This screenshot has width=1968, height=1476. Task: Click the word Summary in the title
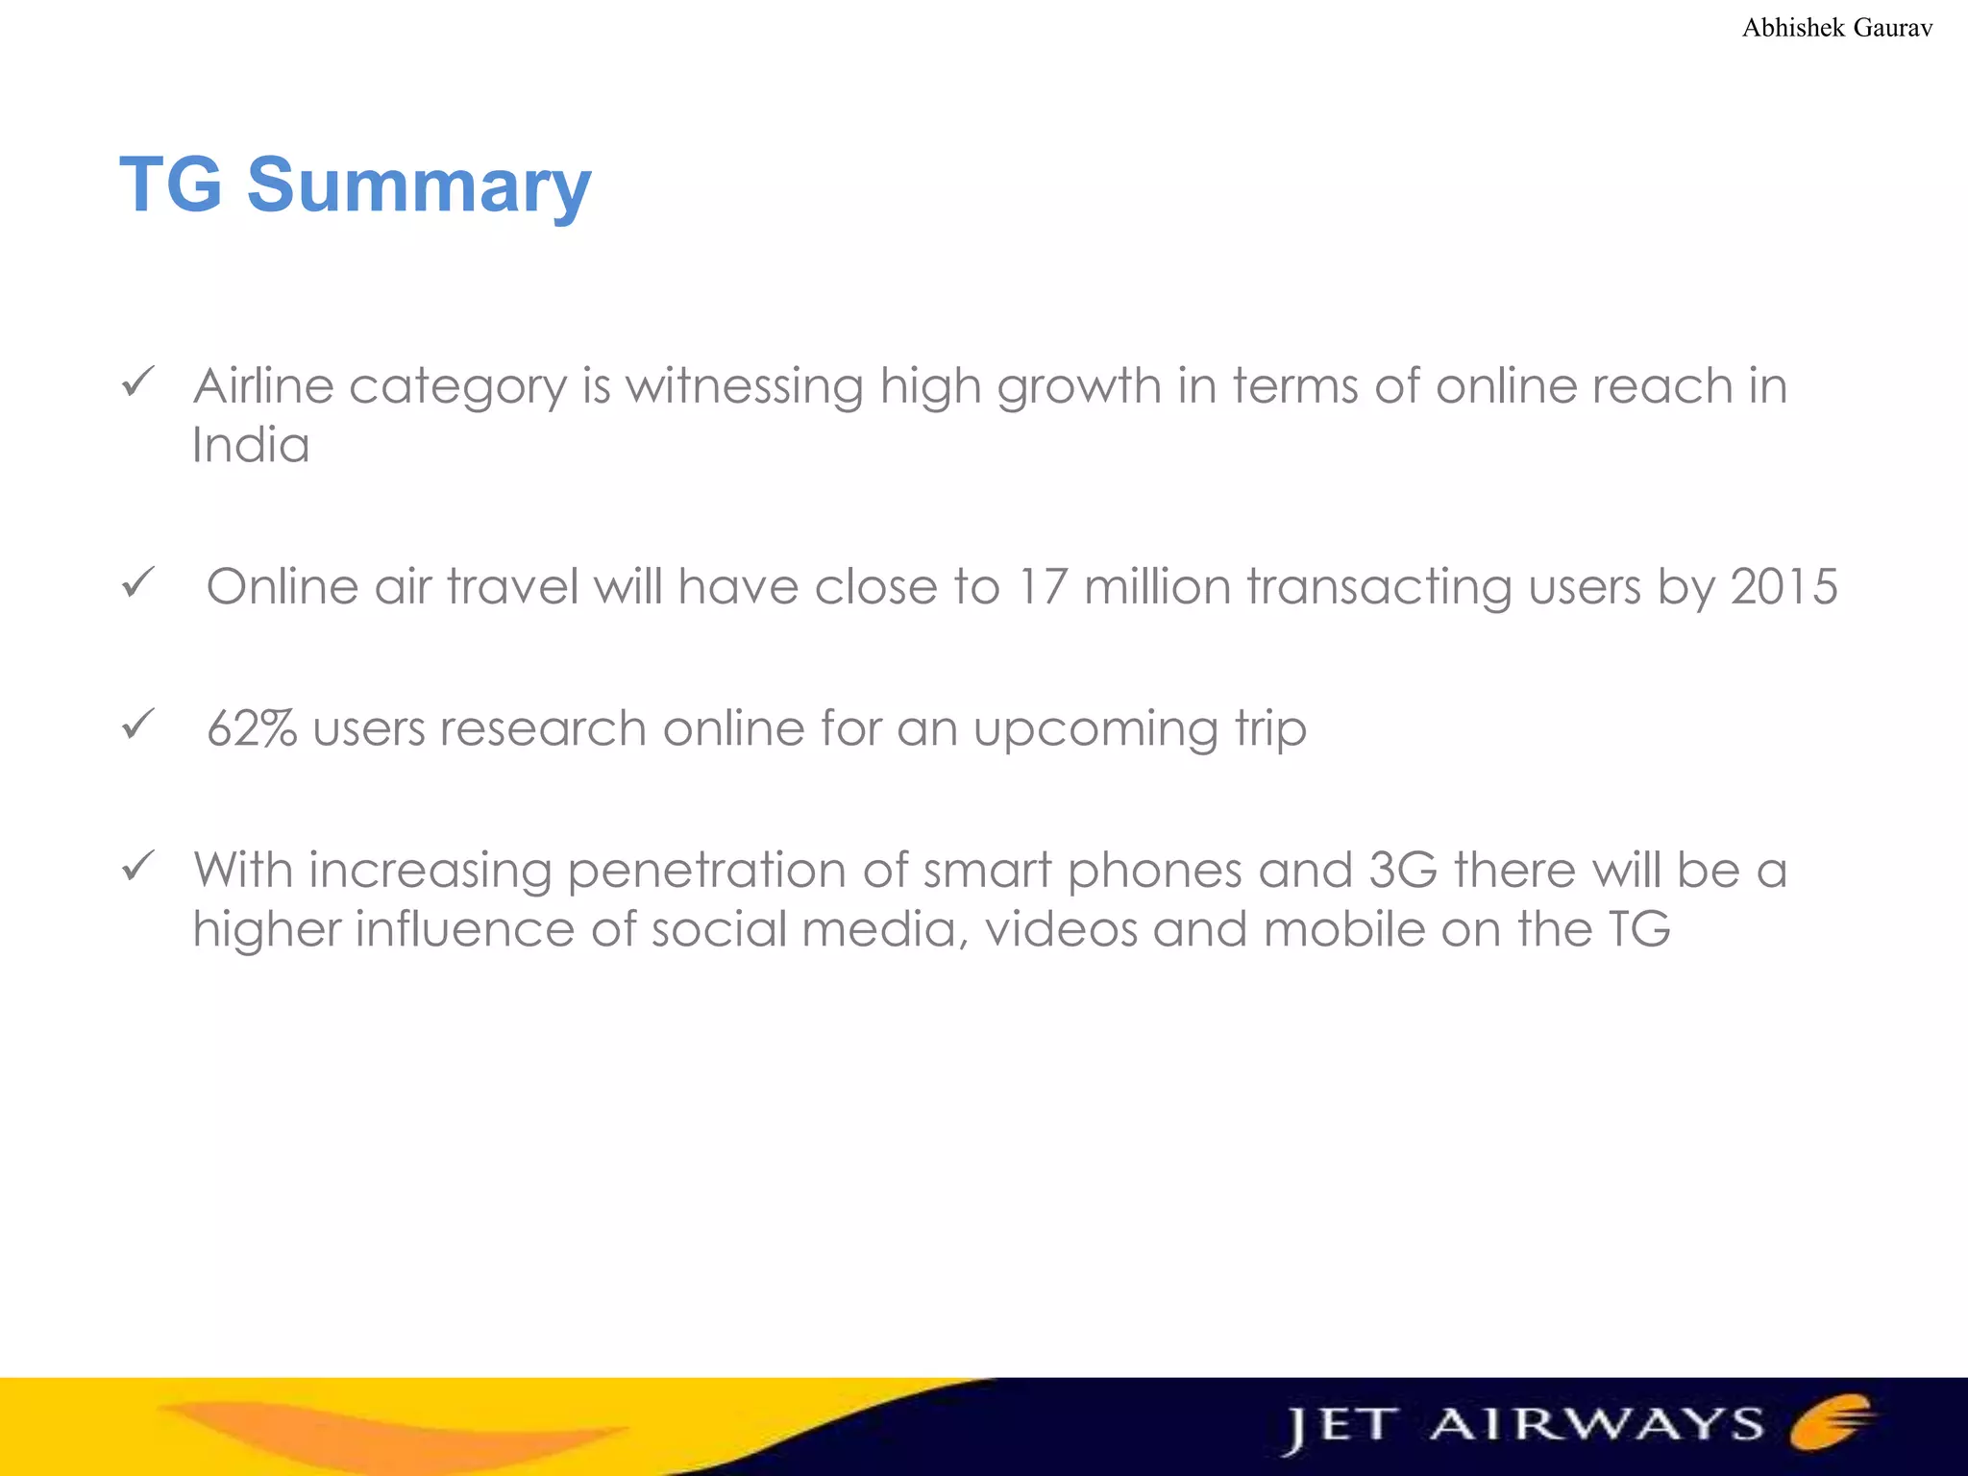[x=419, y=184]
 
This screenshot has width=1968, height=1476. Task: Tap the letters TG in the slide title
[x=171, y=184]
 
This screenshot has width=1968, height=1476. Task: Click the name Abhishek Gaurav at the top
[x=1836, y=28]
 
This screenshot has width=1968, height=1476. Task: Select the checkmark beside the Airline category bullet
[x=138, y=382]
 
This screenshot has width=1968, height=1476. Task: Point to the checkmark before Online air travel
[x=138, y=582]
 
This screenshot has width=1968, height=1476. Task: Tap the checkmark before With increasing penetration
[x=138, y=867]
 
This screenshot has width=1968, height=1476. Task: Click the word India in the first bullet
[x=251, y=445]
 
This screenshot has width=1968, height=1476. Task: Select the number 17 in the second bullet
[x=1042, y=586]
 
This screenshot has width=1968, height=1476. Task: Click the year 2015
[x=1783, y=586]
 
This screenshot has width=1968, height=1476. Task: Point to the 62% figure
[x=252, y=728]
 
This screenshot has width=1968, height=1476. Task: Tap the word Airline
[x=263, y=386]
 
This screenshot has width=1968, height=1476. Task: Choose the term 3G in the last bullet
[x=1402, y=870]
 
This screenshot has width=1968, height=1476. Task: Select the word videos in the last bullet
[x=1061, y=929]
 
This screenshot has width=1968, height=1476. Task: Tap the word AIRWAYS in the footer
[x=1596, y=1424]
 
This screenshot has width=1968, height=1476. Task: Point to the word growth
[x=1079, y=388]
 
